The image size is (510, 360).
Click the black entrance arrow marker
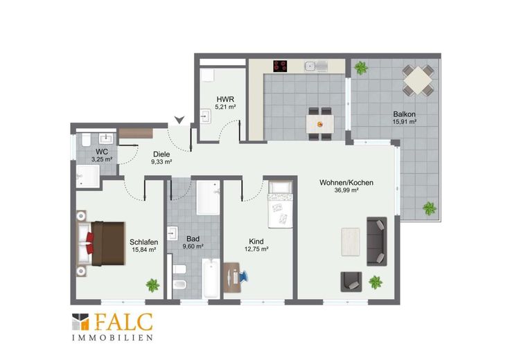(x=179, y=120)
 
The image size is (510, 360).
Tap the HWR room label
(x=225, y=99)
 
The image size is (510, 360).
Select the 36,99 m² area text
(x=346, y=190)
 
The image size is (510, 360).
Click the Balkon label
(x=404, y=114)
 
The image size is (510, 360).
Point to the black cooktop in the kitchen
(x=280, y=66)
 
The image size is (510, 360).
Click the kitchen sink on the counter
(x=316, y=66)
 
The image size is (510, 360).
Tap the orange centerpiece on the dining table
(x=320, y=124)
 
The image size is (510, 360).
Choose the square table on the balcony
(x=418, y=80)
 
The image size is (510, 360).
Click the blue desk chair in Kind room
(x=243, y=276)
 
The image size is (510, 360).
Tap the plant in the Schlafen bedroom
(x=152, y=285)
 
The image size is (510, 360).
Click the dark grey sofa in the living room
(x=377, y=242)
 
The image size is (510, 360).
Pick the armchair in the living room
(x=351, y=282)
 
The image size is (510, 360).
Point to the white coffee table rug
(x=351, y=242)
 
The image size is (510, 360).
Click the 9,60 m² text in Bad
(x=193, y=246)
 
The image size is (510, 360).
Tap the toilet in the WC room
(x=86, y=139)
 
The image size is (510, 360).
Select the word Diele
(x=161, y=154)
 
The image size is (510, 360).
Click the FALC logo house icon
(x=80, y=322)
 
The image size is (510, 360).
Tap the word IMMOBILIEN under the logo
(x=112, y=338)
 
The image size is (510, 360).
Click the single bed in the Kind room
(x=281, y=204)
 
